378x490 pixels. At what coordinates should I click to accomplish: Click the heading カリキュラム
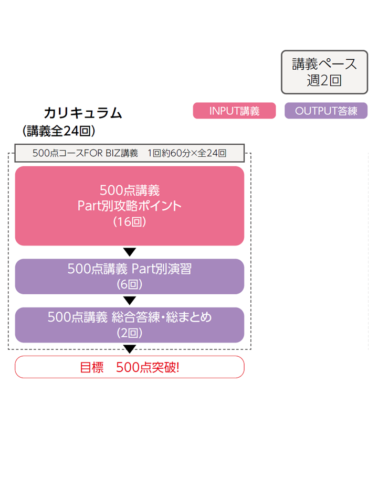click(x=83, y=113)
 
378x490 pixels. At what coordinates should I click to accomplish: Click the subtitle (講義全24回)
click(x=59, y=131)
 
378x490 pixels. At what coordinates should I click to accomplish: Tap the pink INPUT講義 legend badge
click(x=234, y=111)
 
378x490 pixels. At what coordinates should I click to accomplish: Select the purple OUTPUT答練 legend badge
click(x=325, y=111)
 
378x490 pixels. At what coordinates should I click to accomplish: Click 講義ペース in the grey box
click(x=324, y=64)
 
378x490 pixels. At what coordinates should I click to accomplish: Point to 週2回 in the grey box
click(x=324, y=80)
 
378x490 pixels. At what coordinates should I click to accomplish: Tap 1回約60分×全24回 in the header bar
click(x=187, y=153)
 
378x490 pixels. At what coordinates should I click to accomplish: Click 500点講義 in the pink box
click(x=129, y=190)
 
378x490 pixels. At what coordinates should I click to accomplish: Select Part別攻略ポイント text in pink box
click(x=129, y=206)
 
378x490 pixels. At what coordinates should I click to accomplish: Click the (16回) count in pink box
click(x=129, y=221)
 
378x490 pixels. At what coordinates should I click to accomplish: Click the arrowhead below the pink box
click(x=129, y=252)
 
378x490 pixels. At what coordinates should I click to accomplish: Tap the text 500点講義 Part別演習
click(x=129, y=269)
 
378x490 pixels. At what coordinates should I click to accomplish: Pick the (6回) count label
click(x=129, y=285)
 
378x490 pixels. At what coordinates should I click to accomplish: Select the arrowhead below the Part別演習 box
click(x=129, y=301)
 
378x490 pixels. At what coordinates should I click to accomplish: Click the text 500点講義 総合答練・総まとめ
click(x=129, y=317)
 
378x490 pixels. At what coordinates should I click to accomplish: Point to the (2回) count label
click(x=129, y=333)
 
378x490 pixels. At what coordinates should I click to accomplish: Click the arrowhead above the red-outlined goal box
click(x=129, y=349)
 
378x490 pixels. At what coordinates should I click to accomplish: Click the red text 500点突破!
click(x=148, y=367)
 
